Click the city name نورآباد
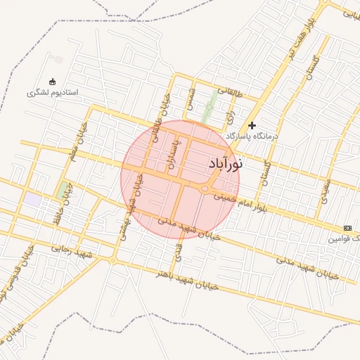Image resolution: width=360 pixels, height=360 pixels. point(226,164)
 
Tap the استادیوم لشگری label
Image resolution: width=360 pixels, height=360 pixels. point(53,93)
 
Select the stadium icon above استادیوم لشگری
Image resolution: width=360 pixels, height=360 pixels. point(52,82)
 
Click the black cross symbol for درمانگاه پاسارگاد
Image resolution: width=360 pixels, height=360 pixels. point(252,125)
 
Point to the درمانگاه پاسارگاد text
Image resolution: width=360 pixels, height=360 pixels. point(252,135)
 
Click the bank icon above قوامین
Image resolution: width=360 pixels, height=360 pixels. point(347,228)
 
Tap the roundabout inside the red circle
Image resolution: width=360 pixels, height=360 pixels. point(205,188)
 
